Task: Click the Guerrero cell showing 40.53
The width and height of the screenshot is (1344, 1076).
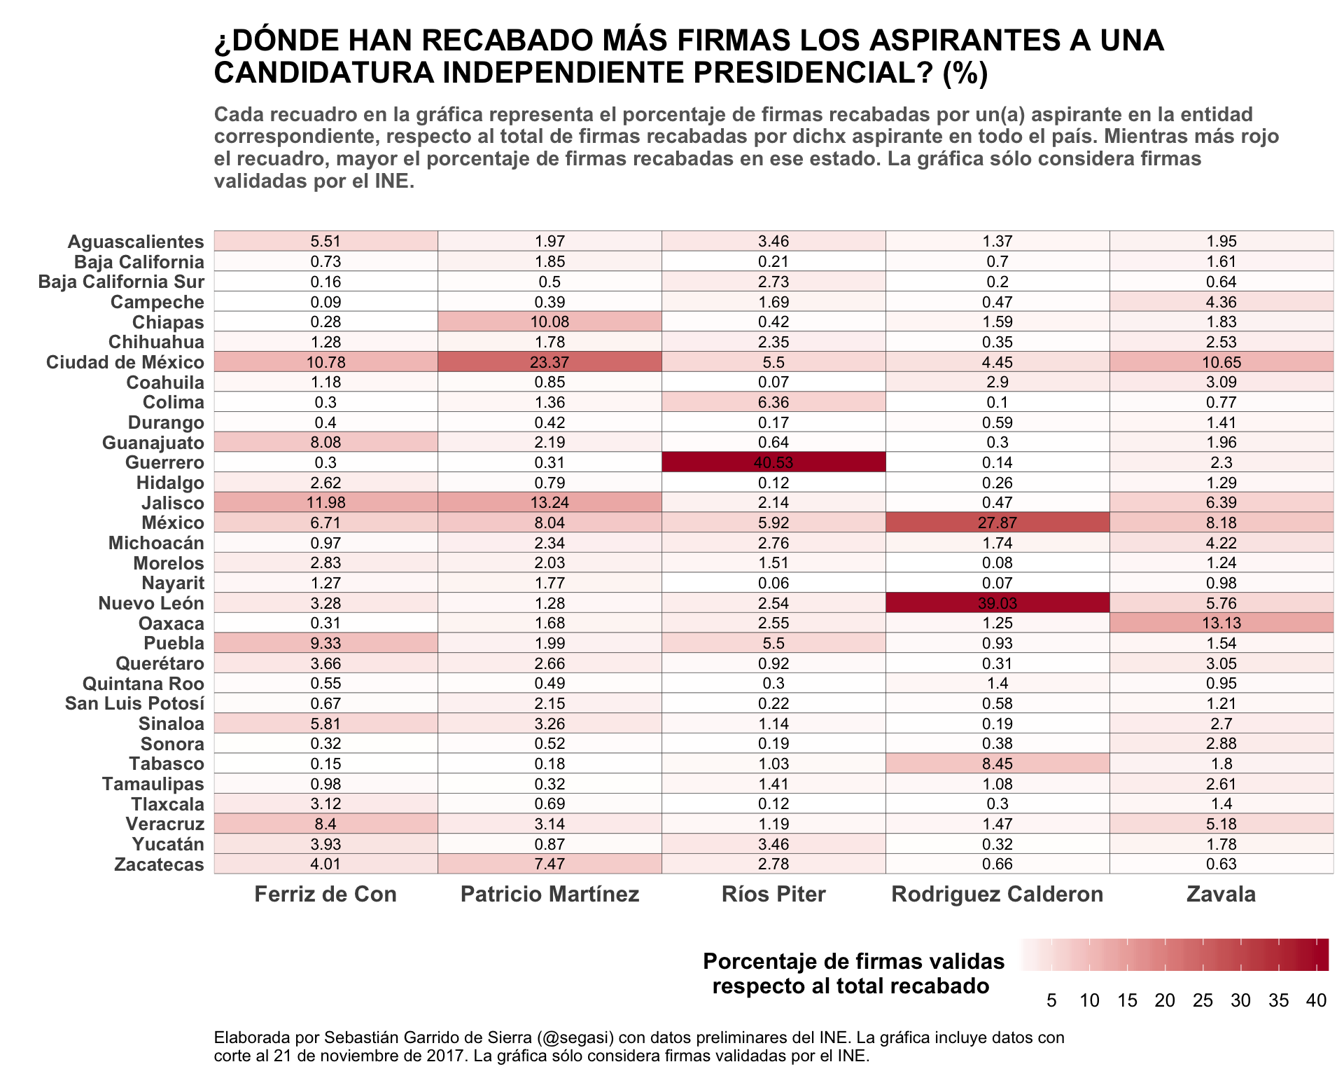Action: [773, 462]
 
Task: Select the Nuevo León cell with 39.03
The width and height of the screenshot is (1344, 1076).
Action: [997, 603]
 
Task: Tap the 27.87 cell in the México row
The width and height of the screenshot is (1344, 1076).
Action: [997, 523]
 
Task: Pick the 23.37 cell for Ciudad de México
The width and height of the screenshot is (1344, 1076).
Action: [549, 362]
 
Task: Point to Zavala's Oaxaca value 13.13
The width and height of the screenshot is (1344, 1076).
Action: [1221, 623]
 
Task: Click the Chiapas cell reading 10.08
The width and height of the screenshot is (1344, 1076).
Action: [549, 322]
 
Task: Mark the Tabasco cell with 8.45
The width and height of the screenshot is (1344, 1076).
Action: [997, 764]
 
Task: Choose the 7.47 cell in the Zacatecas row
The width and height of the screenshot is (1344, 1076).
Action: [549, 864]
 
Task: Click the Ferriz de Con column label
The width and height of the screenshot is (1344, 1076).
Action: [325, 895]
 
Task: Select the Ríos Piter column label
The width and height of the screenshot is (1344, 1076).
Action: [773, 895]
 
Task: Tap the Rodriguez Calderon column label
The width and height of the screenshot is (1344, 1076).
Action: [997, 895]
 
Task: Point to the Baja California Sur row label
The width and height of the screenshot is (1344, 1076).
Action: [121, 282]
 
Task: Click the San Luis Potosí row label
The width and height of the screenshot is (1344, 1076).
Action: [134, 703]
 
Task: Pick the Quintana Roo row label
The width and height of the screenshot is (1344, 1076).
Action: [143, 684]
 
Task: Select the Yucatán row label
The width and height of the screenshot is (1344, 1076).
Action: [168, 844]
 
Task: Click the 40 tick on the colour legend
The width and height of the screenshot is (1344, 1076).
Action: [1317, 1000]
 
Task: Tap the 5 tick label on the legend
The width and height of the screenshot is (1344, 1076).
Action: [1051, 1000]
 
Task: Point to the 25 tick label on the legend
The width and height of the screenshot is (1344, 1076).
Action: [1203, 1000]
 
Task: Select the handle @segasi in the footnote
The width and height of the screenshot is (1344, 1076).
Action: [576, 1037]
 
